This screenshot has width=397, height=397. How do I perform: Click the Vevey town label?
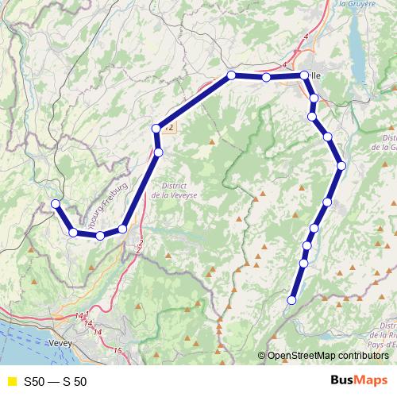click(60, 342)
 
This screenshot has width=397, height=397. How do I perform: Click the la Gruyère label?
click(357, 4)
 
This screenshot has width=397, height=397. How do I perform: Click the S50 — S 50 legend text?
click(56, 382)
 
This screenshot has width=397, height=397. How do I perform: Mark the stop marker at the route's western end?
click(56, 204)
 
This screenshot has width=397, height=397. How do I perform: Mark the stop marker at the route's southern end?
click(291, 300)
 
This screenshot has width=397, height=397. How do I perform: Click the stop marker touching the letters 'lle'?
click(304, 76)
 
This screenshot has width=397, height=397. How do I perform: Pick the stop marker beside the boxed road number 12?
click(156, 128)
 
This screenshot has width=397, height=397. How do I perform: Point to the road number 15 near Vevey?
click(118, 350)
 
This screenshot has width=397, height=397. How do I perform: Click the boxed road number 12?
click(170, 127)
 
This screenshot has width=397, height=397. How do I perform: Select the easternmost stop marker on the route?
click(341, 166)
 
